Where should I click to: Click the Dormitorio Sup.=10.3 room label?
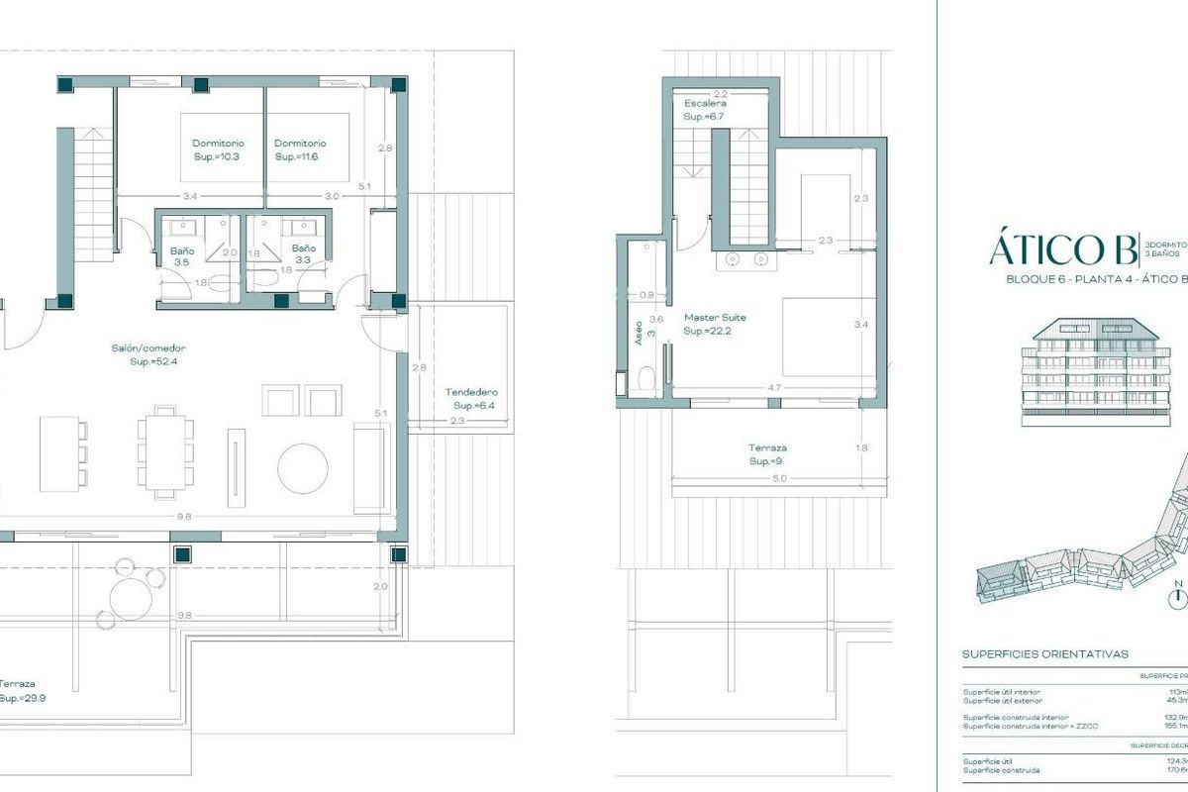coord(218,149)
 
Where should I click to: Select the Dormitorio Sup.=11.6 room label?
coord(300,149)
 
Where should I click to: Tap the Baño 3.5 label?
coord(181,256)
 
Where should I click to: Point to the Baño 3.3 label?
coord(303,254)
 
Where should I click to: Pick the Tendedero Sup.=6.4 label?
coord(471,398)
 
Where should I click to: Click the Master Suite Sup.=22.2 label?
coord(715,324)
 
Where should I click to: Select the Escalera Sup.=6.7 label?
coord(705,109)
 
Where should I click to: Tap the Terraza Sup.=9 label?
coord(769,454)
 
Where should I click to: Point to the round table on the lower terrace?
coord(130,597)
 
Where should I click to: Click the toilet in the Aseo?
coord(646,379)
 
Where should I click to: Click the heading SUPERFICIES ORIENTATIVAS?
coord(1044,654)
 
